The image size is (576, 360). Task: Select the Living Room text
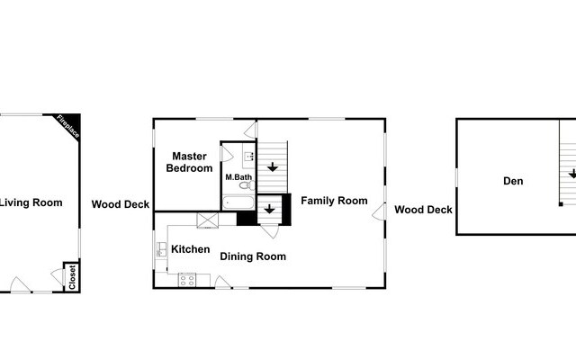coord(31,202)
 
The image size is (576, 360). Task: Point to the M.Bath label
coord(238,177)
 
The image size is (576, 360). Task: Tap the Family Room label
coord(334,200)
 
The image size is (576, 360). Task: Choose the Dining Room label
coord(253,256)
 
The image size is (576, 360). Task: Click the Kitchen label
coord(191,249)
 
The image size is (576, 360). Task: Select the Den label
coord(513,181)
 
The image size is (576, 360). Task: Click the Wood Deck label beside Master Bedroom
coord(121,204)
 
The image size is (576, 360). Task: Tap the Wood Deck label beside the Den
coord(423,210)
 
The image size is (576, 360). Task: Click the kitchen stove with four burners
coord(187,279)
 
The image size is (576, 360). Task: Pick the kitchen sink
coord(161,249)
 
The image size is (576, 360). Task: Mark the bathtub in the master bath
coord(238,202)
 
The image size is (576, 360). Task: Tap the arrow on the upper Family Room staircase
coord(272,166)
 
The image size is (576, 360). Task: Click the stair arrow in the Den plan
coord(571,174)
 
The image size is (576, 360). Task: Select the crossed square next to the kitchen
coord(208,219)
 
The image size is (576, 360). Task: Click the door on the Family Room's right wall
coord(378,209)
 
